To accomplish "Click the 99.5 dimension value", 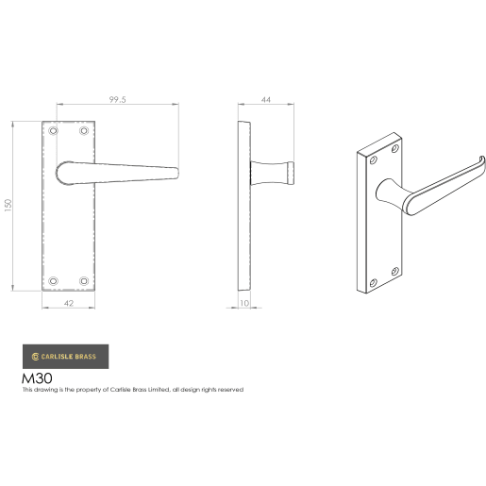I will [117, 97].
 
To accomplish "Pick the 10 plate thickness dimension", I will [244, 303].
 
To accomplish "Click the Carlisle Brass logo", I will [65, 356].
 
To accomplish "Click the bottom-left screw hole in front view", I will [53, 279].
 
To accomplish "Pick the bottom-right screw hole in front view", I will [83, 279].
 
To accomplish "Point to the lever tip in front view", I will [175, 170].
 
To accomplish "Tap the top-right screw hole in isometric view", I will [395, 150].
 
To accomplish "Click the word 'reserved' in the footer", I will [230, 390].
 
